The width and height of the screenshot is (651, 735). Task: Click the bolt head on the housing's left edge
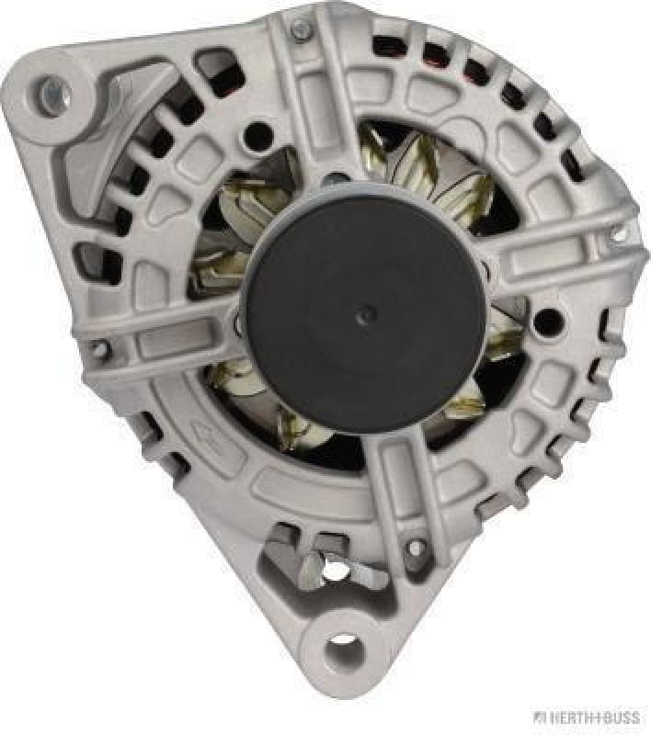coord(98,349)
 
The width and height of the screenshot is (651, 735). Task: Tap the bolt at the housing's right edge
coord(618,232)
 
